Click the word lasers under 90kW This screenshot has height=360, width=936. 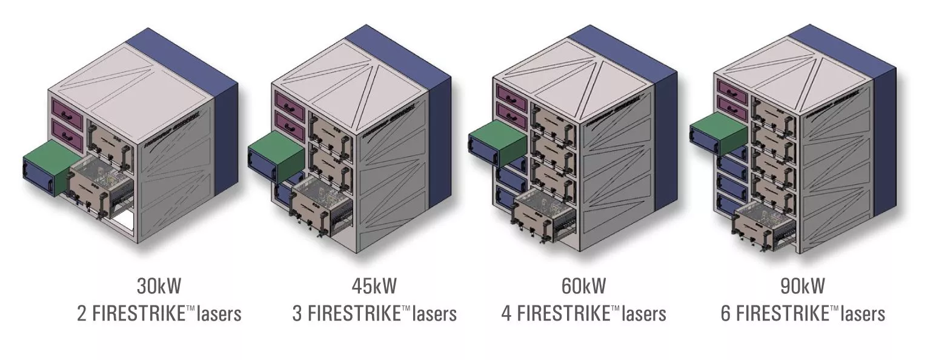860,314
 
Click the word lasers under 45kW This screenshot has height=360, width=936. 431,314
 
